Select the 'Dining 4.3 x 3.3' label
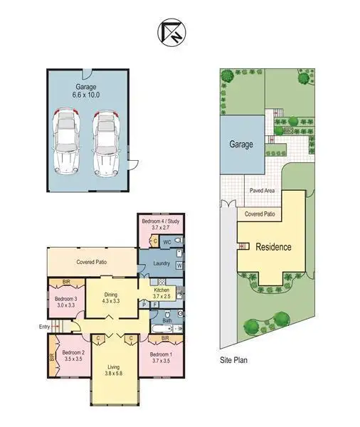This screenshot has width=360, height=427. tap(111, 297)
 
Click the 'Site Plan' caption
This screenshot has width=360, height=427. tap(233, 361)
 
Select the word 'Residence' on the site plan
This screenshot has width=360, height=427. tap(273, 248)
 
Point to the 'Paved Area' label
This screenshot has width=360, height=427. tap(262, 191)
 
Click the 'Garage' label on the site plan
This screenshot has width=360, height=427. tap(240, 144)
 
